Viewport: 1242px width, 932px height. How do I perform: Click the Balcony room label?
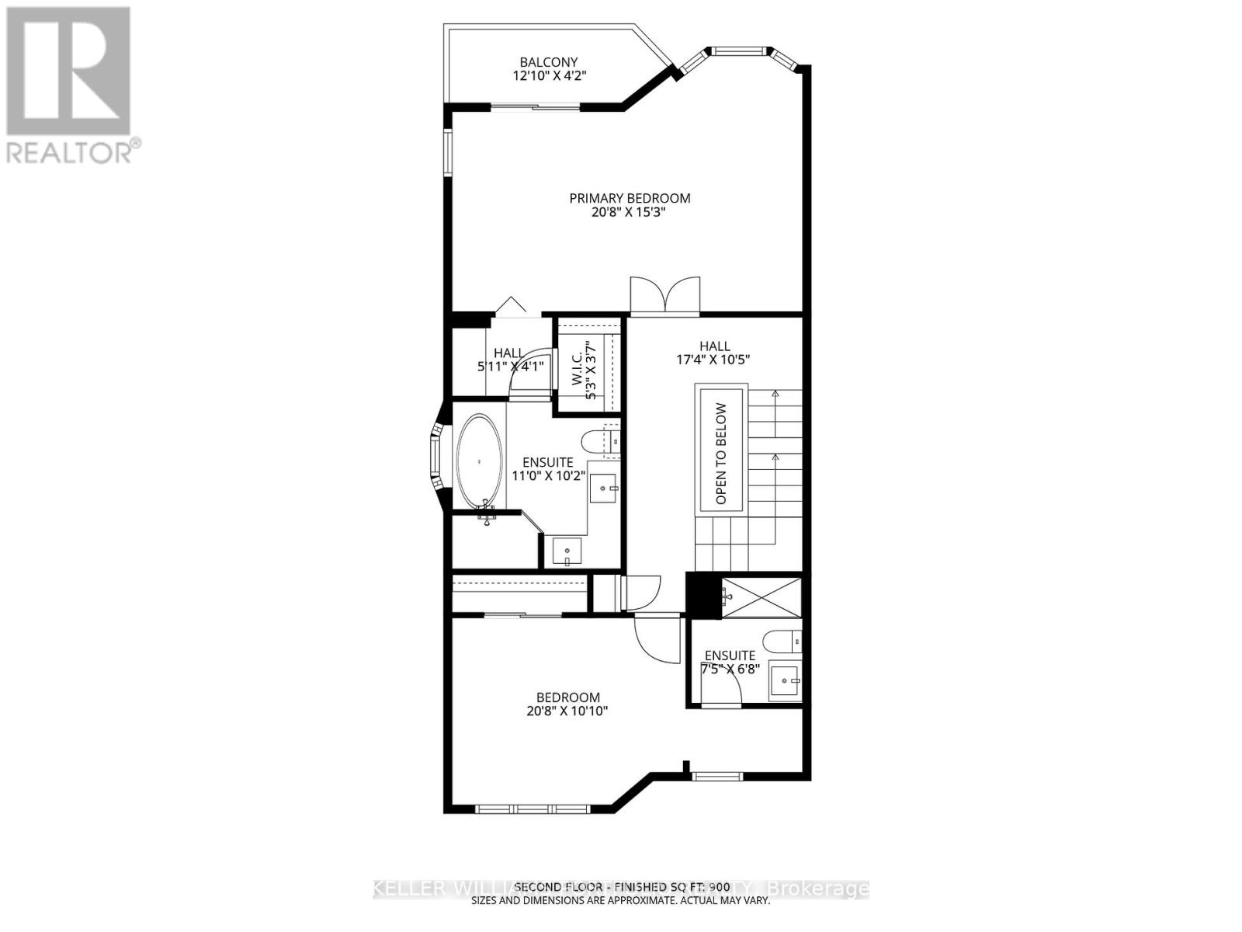[549, 62]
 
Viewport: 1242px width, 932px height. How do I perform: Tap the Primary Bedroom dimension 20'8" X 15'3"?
[630, 211]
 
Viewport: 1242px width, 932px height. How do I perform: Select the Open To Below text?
[722, 454]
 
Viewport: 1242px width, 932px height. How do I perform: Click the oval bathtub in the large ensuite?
[479, 461]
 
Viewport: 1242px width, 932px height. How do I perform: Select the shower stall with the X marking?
[762, 596]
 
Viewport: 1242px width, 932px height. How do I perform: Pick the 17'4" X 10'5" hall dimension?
[713, 360]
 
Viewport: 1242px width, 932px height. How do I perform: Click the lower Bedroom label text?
[568, 697]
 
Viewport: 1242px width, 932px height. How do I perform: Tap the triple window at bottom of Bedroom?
[516, 809]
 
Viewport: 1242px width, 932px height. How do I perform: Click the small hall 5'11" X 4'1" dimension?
[510, 366]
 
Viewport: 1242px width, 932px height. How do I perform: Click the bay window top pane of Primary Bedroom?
[739, 52]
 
